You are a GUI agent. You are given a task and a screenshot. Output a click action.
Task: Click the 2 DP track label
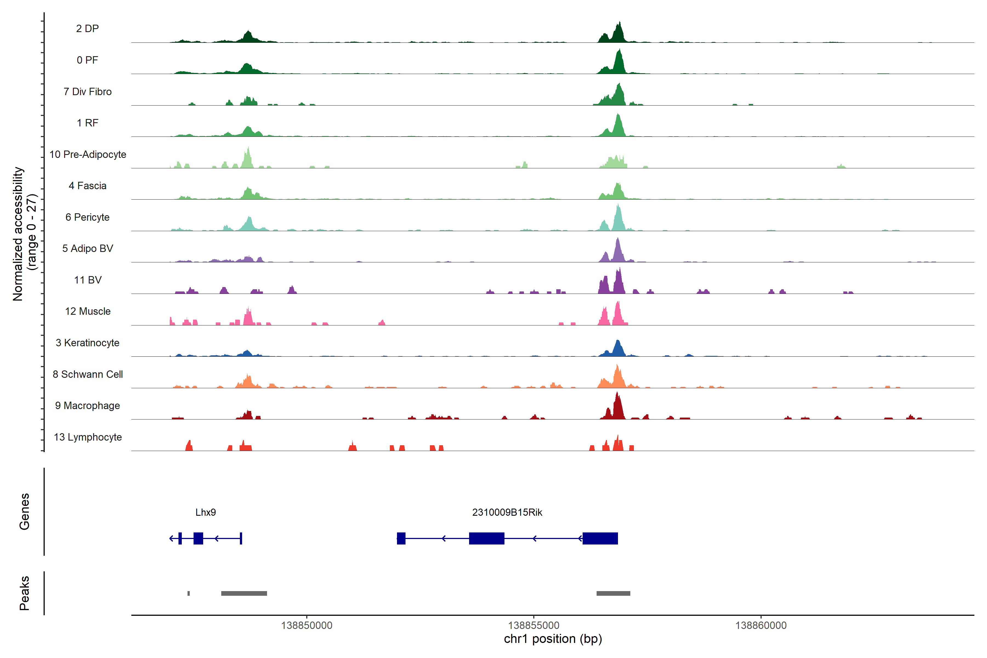pos(87,29)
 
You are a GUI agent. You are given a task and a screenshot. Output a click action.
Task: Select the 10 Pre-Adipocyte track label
pos(88,154)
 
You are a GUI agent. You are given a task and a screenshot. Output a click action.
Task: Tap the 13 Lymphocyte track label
pos(88,437)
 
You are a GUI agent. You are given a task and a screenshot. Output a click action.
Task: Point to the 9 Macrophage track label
pos(87,406)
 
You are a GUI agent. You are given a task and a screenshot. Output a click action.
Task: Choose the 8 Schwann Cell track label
pos(88,374)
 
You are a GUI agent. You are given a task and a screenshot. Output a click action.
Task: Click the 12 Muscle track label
pos(88,311)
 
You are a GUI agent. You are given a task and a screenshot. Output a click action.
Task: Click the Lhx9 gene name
pos(206,512)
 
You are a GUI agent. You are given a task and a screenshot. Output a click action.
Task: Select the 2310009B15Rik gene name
pos(507,512)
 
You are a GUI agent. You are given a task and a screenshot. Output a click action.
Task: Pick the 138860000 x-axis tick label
pos(761,626)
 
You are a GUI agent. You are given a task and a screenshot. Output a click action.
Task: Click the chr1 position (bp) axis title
pos(553,639)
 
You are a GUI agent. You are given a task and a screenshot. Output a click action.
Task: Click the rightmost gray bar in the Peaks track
pos(613,593)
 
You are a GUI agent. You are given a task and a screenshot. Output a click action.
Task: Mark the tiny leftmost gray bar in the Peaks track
pos(188,593)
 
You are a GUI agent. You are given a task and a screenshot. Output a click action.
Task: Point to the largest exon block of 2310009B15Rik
pos(600,538)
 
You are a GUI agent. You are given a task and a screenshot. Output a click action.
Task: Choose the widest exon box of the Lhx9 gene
pos(198,538)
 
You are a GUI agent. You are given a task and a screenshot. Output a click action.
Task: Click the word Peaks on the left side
pos(24,593)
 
